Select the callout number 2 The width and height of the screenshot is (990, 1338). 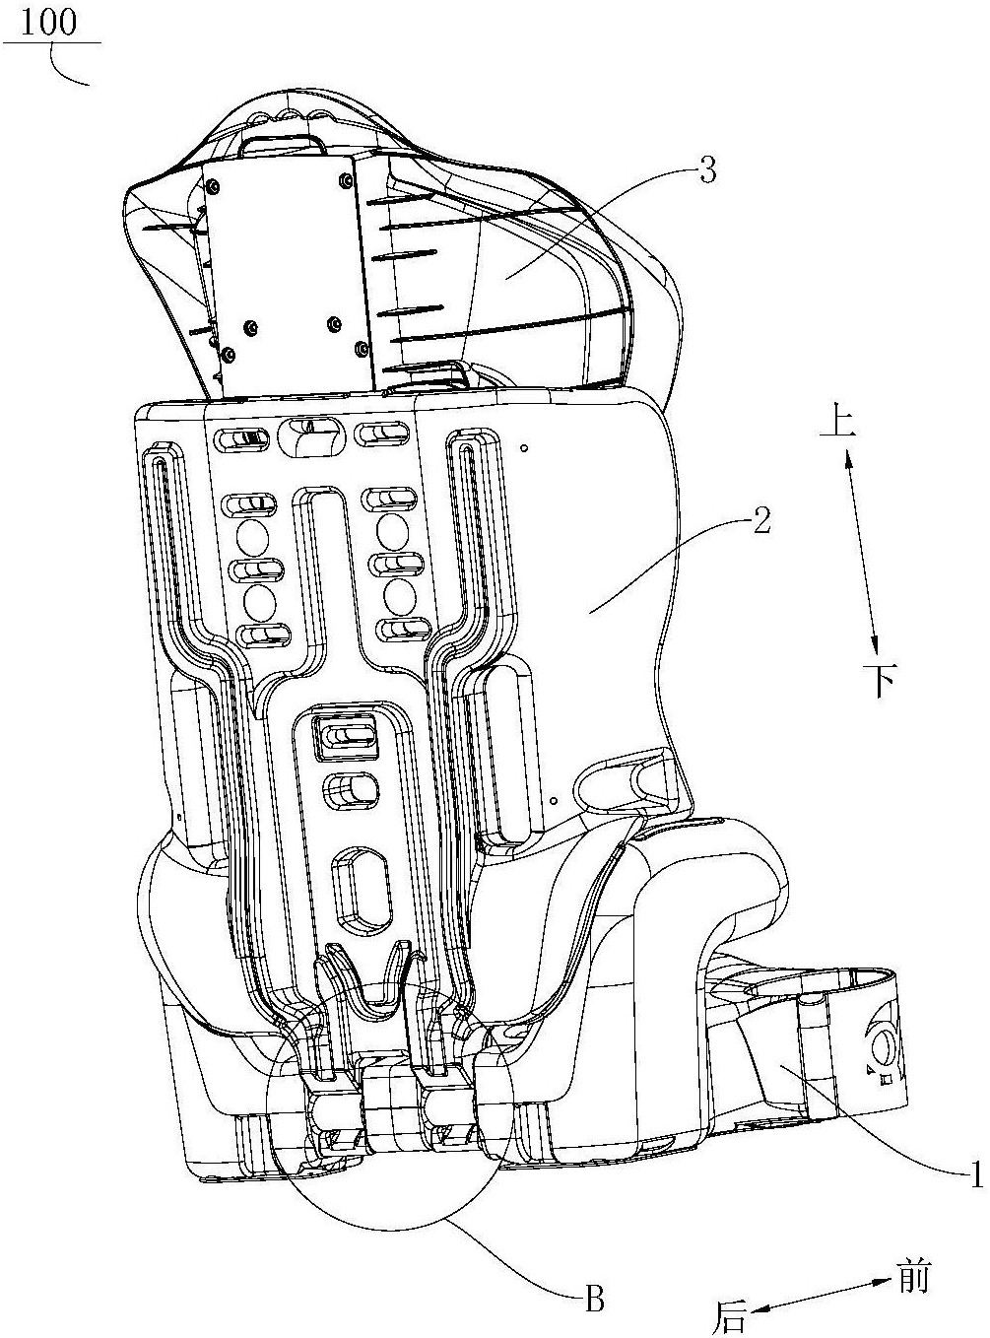click(762, 520)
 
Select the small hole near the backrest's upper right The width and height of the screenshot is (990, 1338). click(525, 447)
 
